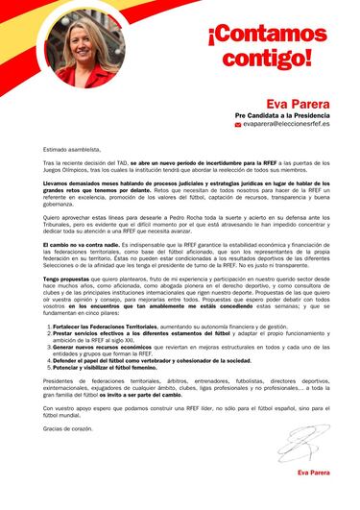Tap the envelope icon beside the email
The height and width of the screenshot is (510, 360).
[238, 124]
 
